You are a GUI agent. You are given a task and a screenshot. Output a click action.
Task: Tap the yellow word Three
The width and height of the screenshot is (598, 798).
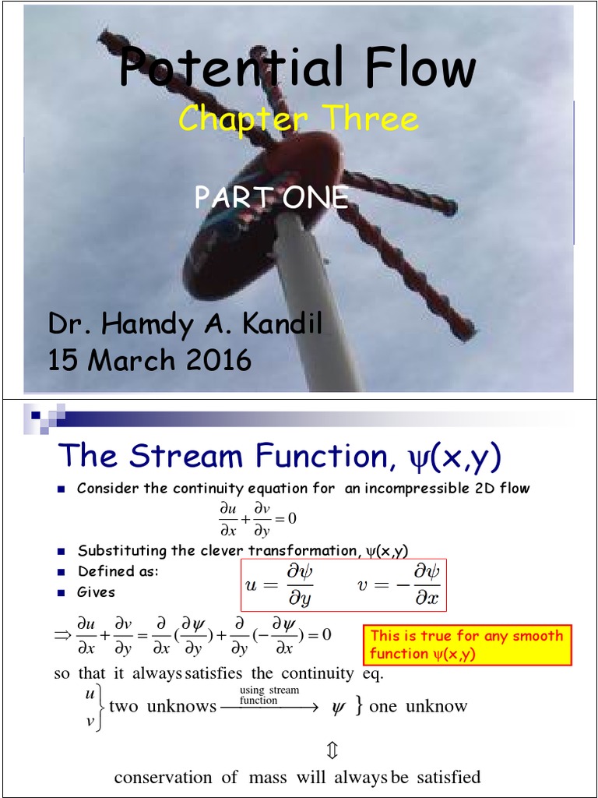pos(372,119)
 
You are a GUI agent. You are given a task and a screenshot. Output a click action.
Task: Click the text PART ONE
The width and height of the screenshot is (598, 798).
pos(271,198)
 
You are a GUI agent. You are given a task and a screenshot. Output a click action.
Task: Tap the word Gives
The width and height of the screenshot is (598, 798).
pos(96,592)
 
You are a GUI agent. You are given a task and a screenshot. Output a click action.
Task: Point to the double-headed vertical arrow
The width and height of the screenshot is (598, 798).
pos(332,750)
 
